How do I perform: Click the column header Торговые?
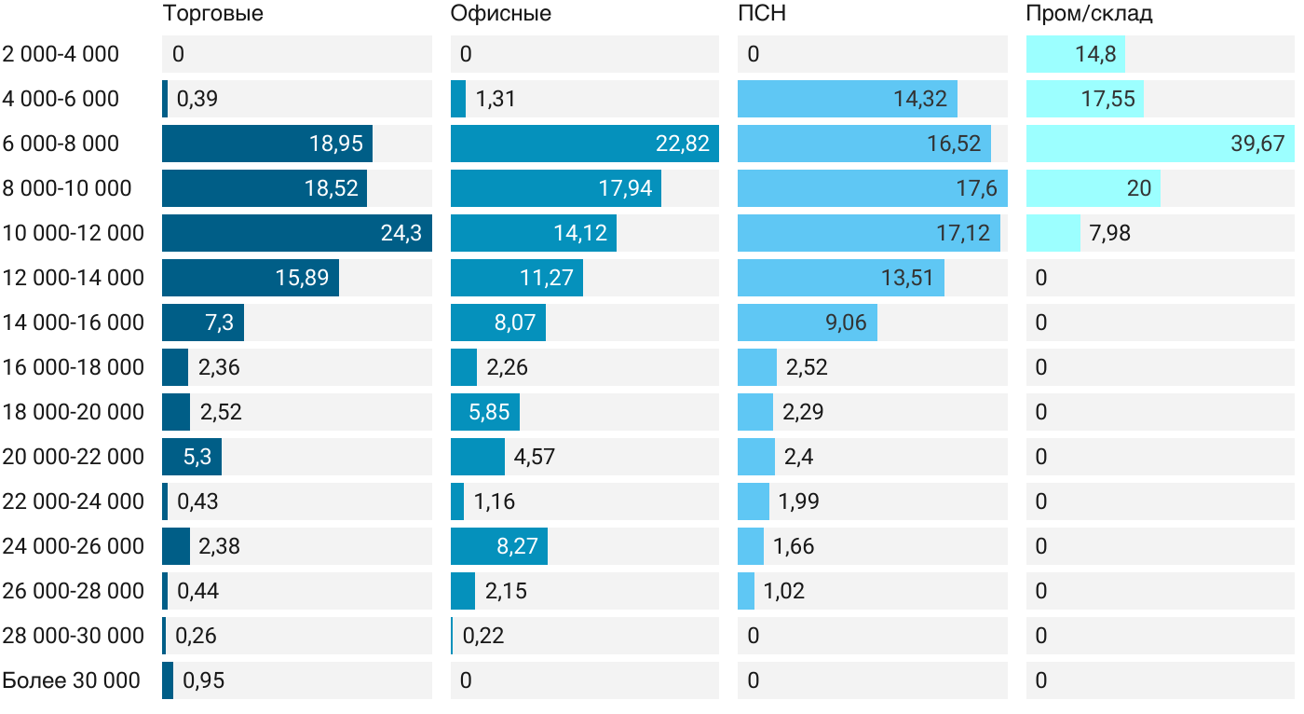coord(212,14)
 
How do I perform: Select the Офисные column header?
coord(500,14)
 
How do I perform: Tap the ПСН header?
coord(755,14)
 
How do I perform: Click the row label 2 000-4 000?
coord(61,54)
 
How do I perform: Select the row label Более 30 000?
coord(71,680)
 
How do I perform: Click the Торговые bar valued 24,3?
coord(296,233)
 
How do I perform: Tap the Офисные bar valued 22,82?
coord(584,144)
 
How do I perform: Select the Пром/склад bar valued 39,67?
coord(1160,144)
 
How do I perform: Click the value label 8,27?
coord(517,546)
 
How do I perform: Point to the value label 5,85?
coord(490,412)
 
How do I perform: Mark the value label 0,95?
coord(204,680)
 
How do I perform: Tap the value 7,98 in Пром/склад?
coord(1109,233)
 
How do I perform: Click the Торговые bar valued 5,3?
coord(191,457)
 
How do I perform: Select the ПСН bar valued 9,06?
coord(807,323)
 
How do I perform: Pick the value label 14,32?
coord(919,99)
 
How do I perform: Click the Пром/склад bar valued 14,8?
coord(1075,54)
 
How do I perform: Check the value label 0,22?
coord(483,636)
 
